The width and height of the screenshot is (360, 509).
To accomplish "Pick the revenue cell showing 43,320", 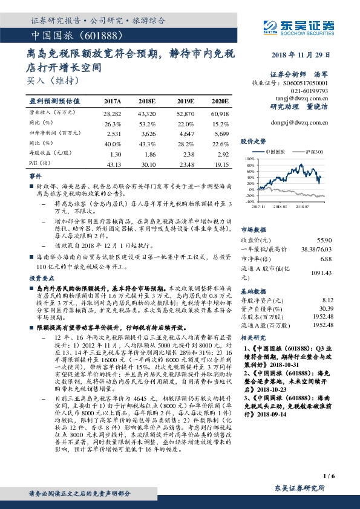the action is click(x=147, y=113).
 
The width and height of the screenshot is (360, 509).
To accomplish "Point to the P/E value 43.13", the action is click(x=113, y=163).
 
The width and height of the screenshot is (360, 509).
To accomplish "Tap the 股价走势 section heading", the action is click(x=254, y=140).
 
